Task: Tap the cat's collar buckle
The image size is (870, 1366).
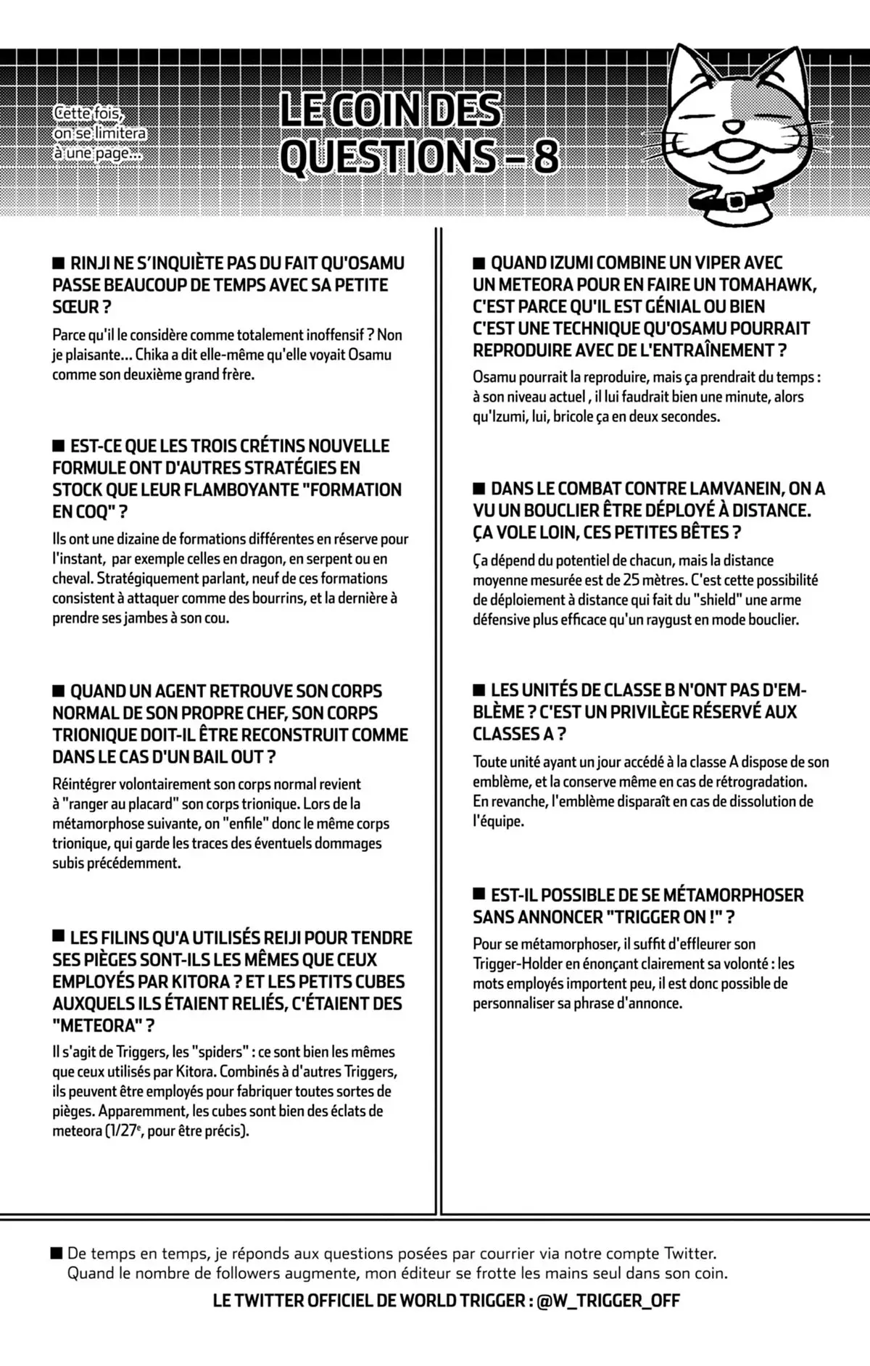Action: [x=735, y=199]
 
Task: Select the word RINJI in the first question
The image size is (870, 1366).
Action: [x=92, y=263]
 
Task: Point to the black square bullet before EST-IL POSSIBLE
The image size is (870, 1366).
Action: [x=479, y=893]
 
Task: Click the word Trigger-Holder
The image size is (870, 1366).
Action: [x=515, y=964]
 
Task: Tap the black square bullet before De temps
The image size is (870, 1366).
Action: [x=57, y=1253]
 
